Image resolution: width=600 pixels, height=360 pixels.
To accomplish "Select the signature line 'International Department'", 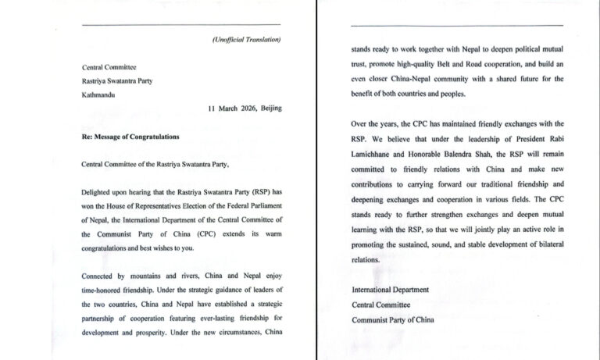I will [390, 290].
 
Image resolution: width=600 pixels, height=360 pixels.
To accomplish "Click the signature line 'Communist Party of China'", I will [394, 319].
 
